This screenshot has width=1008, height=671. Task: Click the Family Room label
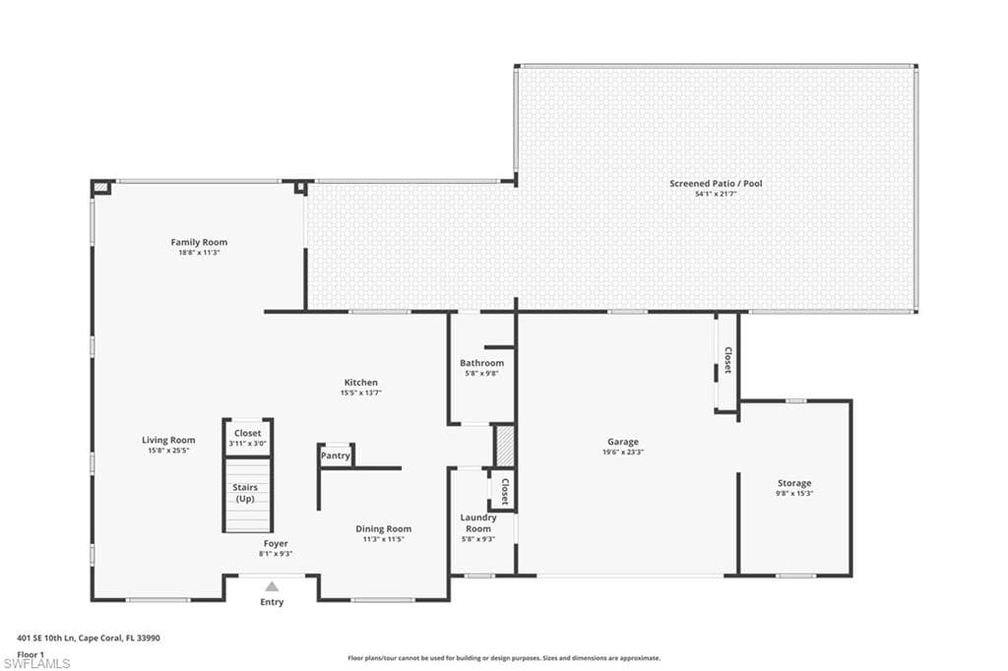[199, 242]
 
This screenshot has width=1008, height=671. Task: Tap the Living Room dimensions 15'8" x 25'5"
[168, 451]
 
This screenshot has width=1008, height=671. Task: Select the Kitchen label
[360, 383]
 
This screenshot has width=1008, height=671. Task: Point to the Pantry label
[336, 456]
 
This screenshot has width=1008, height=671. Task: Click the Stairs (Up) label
[245, 493]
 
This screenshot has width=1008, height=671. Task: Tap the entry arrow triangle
[272, 586]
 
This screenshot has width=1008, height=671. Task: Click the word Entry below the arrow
[272, 602]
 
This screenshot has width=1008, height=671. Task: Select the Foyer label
[276, 544]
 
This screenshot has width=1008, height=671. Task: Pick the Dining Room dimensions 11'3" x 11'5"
[383, 539]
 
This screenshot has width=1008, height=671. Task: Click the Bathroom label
[481, 363]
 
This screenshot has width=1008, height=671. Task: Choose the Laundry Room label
[478, 523]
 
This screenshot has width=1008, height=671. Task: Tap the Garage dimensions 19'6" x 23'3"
[623, 452]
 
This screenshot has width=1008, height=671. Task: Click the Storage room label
[794, 483]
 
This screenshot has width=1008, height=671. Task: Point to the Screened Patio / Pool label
[716, 184]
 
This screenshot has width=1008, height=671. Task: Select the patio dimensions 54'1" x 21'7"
[716, 194]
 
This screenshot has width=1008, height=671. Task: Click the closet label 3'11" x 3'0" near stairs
[247, 444]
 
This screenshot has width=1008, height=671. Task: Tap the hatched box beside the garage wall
[505, 446]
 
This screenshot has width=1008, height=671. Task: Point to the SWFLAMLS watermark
[36, 663]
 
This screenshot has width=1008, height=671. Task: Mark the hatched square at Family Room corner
[101, 188]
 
